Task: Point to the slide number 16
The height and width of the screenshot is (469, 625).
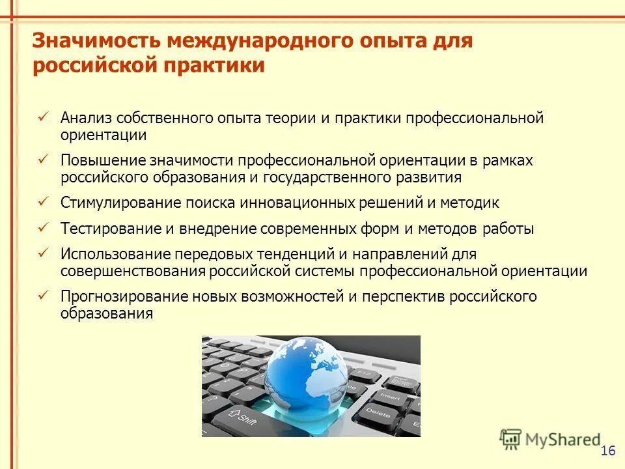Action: (608, 451)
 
